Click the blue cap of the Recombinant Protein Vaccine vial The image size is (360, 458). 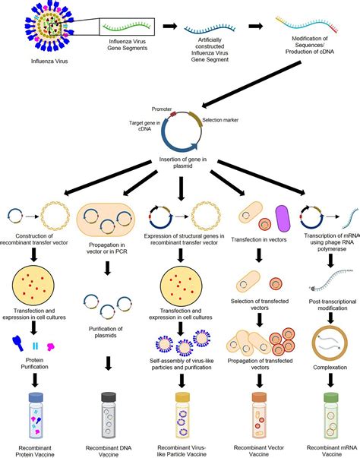click(x=36, y=397)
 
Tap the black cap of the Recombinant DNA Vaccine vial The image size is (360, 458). click(x=109, y=397)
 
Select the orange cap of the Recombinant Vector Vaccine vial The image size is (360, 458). click(x=259, y=397)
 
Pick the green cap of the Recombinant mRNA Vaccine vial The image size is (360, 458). click(x=331, y=397)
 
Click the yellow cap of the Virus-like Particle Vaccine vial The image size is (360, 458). click(x=182, y=397)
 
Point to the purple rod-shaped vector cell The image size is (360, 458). click(x=283, y=219)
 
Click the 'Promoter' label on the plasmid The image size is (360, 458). click(x=162, y=109)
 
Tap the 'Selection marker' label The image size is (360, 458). click(x=220, y=120)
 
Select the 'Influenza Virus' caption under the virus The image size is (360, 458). click(x=49, y=61)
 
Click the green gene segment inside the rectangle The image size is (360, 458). click(x=126, y=27)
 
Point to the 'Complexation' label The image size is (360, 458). click(x=330, y=368)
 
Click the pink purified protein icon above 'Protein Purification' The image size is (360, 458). click(x=51, y=346)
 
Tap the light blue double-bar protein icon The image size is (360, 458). click(x=36, y=346)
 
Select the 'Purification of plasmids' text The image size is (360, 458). click(x=106, y=332)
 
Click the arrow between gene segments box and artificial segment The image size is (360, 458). click(x=170, y=27)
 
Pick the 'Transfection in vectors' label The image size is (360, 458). click(x=259, y=239)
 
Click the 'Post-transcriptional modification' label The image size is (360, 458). click(x=333, y=305)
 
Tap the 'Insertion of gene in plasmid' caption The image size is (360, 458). click(x=183, y=163)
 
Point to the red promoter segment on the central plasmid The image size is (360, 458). click(x=173, y=114)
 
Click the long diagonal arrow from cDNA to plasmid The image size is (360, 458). click(x=251, y=84)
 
